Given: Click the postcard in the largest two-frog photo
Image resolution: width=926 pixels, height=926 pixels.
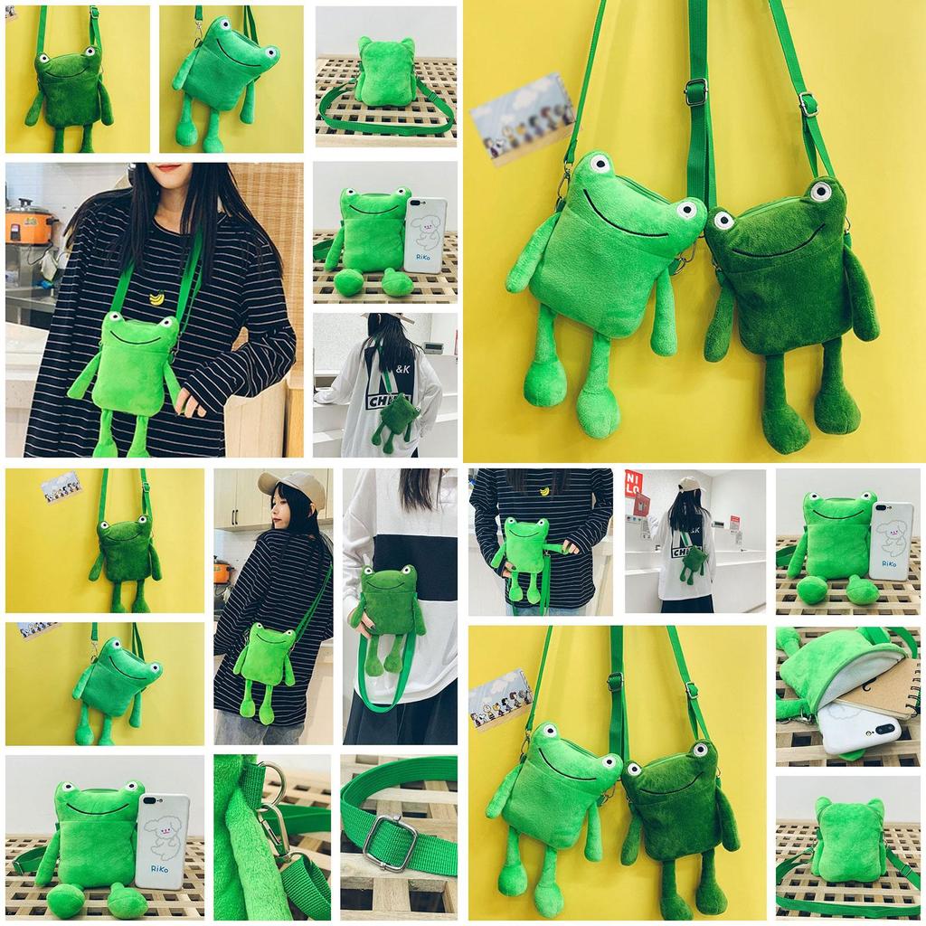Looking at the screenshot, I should (523, 117).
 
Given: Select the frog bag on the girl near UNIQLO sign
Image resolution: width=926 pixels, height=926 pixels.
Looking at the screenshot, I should (694, 561).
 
